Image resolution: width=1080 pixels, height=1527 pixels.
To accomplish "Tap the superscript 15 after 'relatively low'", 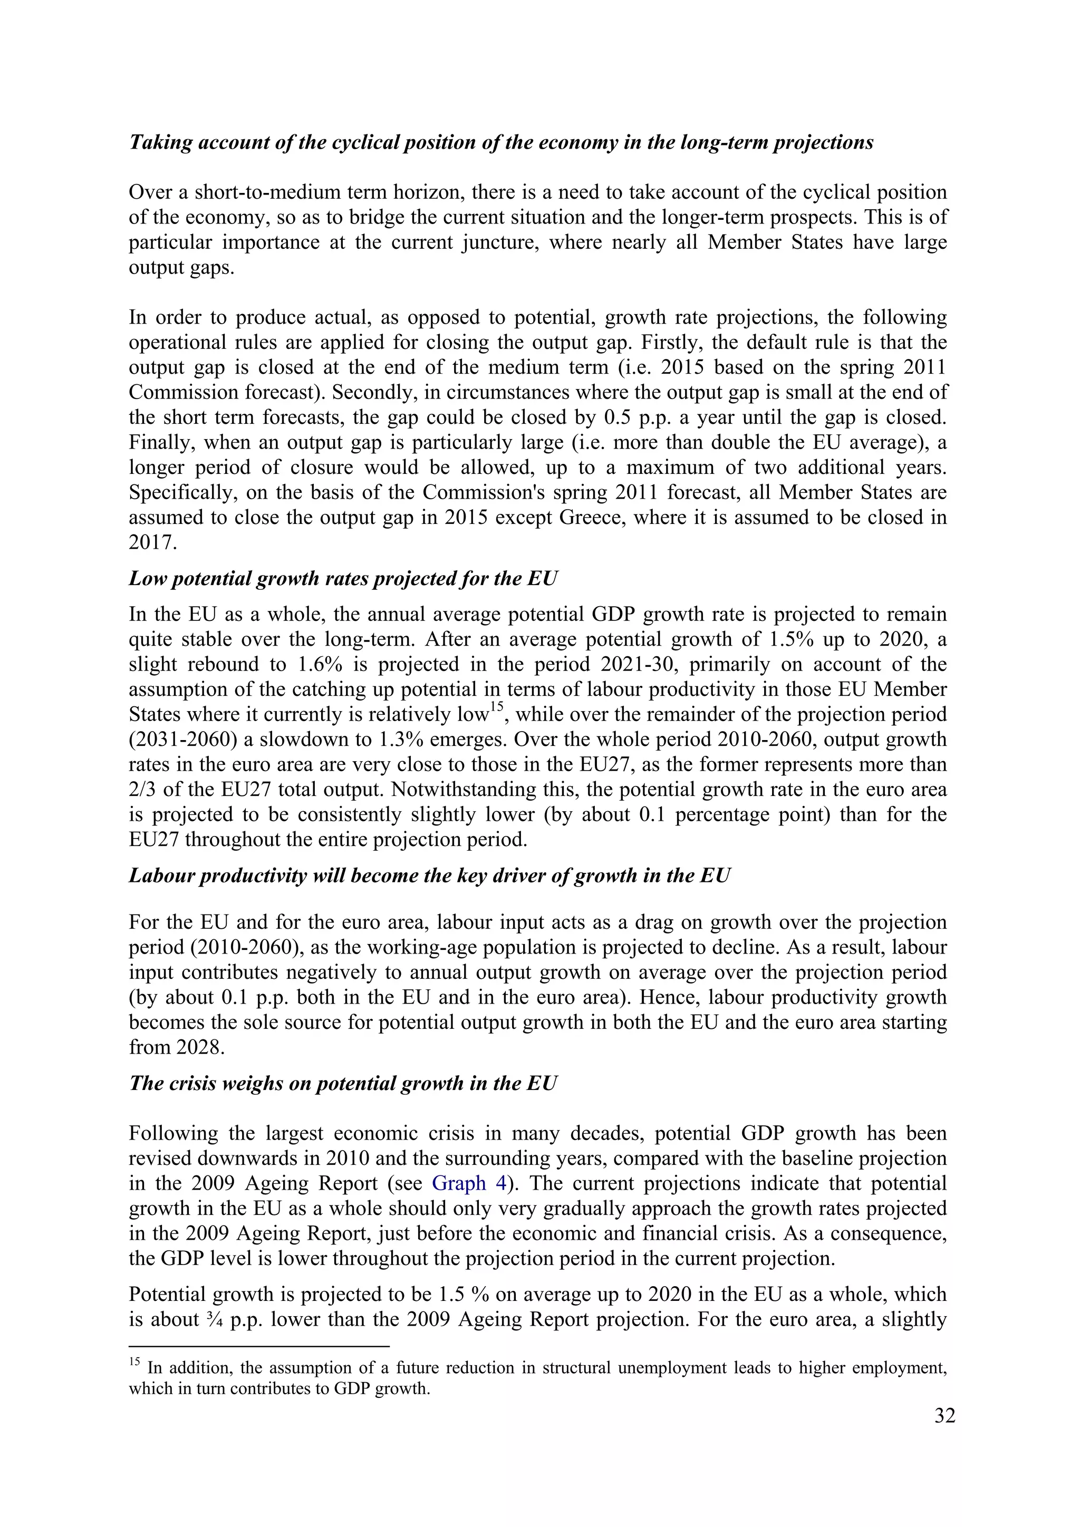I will point(497,709).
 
